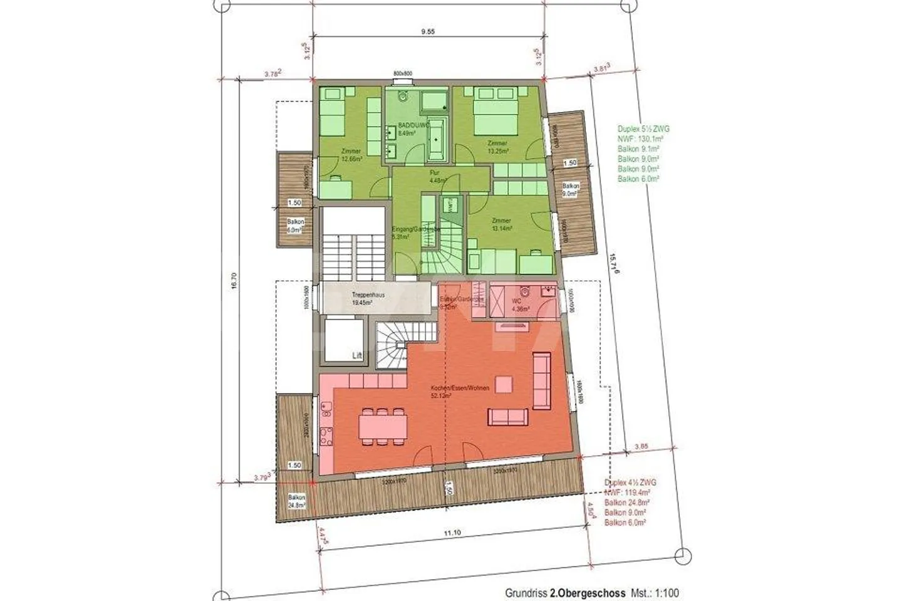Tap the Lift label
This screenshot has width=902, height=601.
pyautogui.click(x=357, y=355)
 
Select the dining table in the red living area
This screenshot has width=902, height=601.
pyautogui.click(x=383, y=426)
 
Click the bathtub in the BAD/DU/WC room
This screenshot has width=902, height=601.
pyautogui.click(x=437, y=139)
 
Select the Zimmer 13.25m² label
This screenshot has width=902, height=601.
pyautogui.click(x=497, y=147)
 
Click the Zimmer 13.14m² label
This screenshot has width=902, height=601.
pyautogui.click(x=501, y=224)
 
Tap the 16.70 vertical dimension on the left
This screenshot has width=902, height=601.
pyautogui.click(x=233, y=283)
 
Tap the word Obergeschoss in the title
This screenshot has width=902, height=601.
pyautogui.click(x=589, y=592)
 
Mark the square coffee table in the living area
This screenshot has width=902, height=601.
pyautogui.click(x=502, y=384)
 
